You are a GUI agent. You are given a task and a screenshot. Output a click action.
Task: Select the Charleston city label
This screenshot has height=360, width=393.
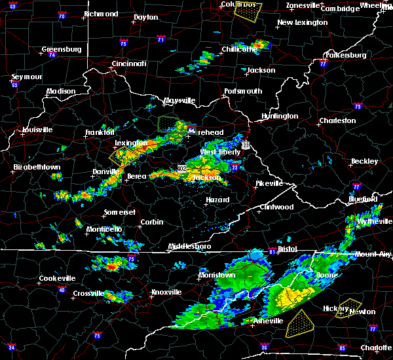[337, 120]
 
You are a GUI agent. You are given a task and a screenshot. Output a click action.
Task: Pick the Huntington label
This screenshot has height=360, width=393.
[280, 117]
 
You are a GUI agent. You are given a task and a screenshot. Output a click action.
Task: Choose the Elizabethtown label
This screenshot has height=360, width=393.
[37, 168]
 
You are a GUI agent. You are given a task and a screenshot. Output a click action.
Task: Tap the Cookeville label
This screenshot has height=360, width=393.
[57, 278]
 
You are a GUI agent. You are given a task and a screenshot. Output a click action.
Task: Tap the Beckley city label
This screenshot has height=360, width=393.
[364, 161]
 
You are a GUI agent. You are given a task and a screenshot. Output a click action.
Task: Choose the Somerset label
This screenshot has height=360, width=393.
[120, 213]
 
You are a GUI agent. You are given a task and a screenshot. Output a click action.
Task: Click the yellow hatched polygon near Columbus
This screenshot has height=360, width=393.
[248, 9]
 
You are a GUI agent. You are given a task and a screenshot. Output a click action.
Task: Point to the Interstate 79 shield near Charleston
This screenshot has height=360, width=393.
[358, 106]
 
